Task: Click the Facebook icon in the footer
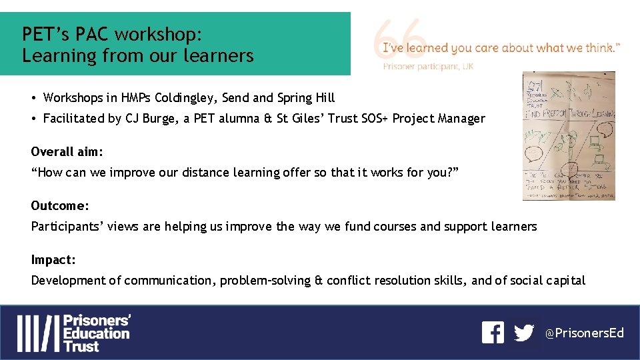point(493,333)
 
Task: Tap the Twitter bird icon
point(525,333)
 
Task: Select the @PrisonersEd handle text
point(585,333)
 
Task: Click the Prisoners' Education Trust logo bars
point(38,333)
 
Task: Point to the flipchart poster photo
point(568,136)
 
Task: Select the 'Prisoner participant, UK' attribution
point(428,67)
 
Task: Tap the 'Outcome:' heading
point(60,206)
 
